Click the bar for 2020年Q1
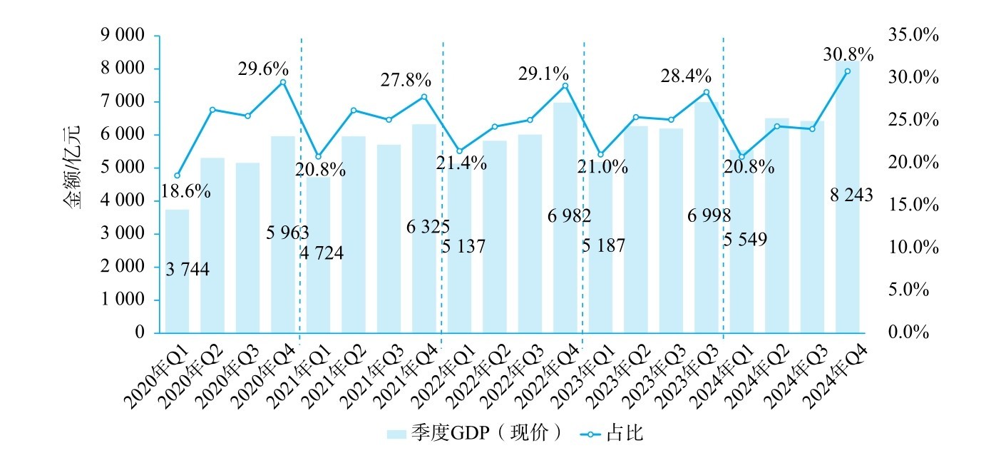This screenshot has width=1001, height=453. [x=177, y=271]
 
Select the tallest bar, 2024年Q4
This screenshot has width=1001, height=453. [x=847, y=200]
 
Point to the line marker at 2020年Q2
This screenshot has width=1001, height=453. [x=212, y=110]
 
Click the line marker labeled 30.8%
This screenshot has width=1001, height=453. [x=847, y=71]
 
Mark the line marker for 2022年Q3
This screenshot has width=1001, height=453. [x=530, y=120]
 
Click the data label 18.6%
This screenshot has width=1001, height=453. [x=185, y=191]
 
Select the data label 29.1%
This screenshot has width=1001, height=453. [x=543, y=73]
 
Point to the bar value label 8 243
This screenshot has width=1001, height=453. [x=851, y=194]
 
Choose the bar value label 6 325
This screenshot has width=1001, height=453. [x=428, y=227]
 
